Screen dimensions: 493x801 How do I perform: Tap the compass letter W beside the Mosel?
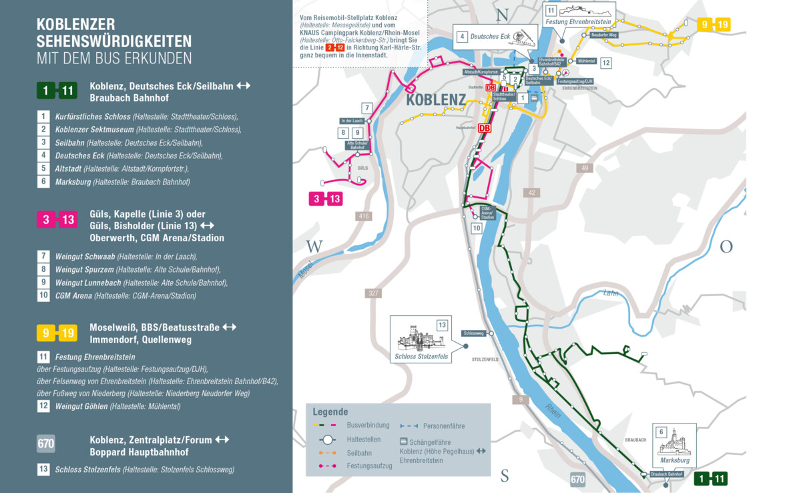[314, 246]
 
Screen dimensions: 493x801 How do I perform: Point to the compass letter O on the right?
[726, 246]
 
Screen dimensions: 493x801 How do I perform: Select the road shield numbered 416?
[364, 216]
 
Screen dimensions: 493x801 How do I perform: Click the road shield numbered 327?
[373, 293]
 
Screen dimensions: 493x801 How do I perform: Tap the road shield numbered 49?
[585, 168]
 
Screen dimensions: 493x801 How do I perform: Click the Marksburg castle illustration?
[674, 442]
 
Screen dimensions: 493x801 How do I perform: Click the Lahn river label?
[610, 293]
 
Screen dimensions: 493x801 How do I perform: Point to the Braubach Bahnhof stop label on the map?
[667, 474]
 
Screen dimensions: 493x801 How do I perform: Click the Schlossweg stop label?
[473, 333]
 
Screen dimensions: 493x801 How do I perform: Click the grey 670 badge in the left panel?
[46, 444]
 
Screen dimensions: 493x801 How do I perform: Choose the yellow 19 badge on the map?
[722, 25]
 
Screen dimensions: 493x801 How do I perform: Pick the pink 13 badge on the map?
[334, 198]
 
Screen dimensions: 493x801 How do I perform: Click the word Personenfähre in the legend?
[444, 426]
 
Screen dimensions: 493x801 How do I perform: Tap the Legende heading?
[330, 412]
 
